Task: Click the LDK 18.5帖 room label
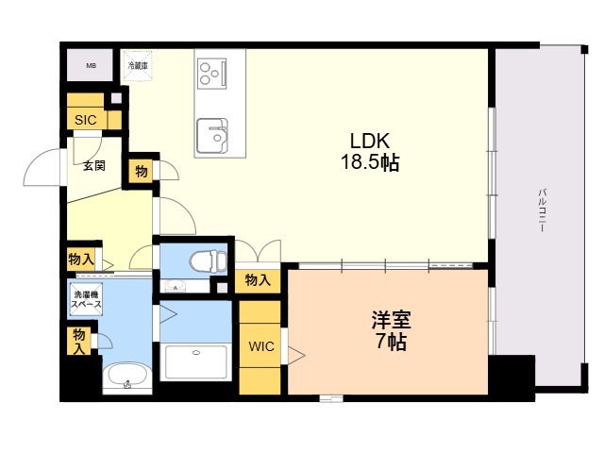369,151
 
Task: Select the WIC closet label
261,346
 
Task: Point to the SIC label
85,121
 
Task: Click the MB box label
92,65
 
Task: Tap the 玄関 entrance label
93,166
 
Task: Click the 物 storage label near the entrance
141,171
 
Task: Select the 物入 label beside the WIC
258,279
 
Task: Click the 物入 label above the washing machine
80,259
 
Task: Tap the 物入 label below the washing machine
80,341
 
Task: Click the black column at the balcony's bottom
512,375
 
